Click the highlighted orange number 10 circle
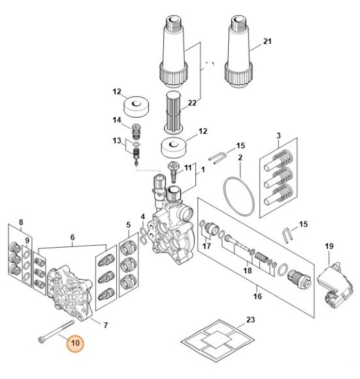[75, 343]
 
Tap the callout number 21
[267, 41]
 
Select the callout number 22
[192, 103]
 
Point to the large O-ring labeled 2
[239, 197]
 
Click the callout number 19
[329, 246]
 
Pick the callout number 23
[250, 320]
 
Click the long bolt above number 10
[56, 331]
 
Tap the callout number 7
[106, 325]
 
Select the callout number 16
[257, 296]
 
